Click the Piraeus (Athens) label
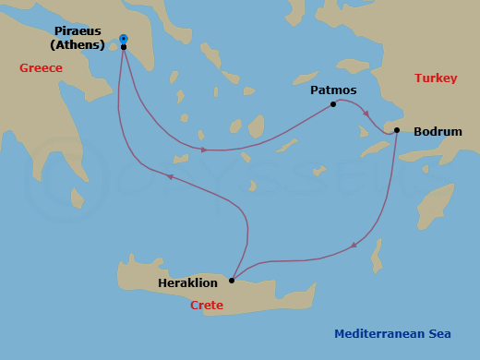coord(78,38)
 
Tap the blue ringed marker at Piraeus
coord(123,39)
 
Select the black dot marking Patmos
coord(333,104)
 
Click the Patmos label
coord(333,90)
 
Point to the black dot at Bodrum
coord(397,130)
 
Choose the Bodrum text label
coord(438,132)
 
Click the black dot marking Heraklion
coord(232,280)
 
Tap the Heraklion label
coord(188,283)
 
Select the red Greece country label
coord(41,68)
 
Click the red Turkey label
coord(435,78)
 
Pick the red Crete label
coord(207,305)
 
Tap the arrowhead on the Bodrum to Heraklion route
coord(354,246)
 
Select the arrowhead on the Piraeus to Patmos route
coord(204,149)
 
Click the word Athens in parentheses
coord(78,45)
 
